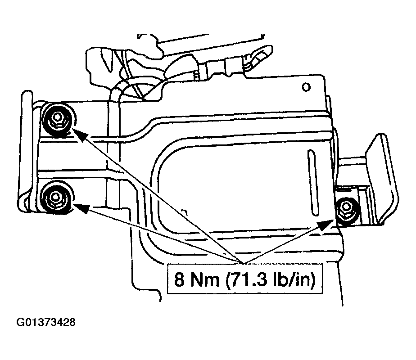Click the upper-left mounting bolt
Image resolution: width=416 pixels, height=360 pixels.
pos(58,119)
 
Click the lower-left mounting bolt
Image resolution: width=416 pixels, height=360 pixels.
pos(57,198)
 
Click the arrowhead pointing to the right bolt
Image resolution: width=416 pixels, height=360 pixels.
pos(325,225)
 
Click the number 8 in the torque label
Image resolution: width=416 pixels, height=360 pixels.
pos(179,279)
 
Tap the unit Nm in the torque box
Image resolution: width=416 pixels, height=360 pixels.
pos(204,279)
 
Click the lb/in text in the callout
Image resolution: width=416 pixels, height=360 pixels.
pos(291,279)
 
